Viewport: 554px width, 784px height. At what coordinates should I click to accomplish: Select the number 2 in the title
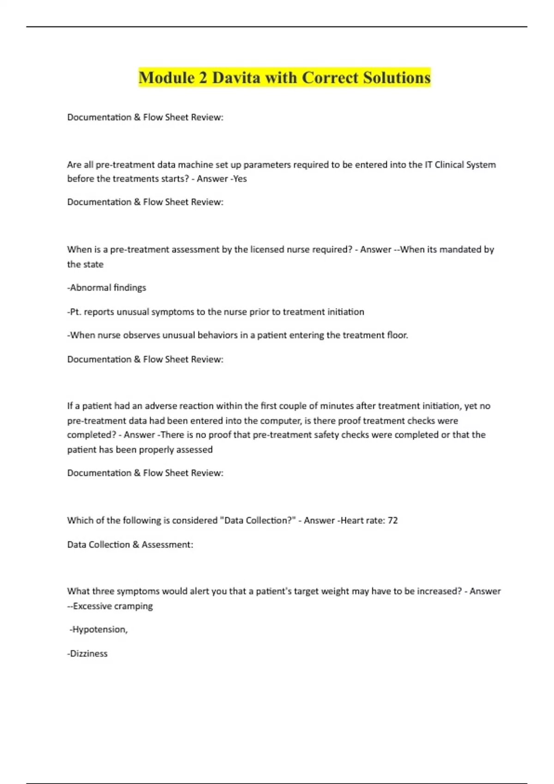[203, 77]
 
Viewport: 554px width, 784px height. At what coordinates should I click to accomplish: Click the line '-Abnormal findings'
[107, 288]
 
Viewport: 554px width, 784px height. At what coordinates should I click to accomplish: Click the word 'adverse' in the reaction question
[161, 406]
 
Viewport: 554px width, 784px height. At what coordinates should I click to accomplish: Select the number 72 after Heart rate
[392, 520]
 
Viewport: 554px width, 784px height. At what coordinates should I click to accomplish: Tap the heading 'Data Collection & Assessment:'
[130, 545]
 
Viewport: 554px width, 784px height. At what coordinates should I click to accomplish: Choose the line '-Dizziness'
[87, 653]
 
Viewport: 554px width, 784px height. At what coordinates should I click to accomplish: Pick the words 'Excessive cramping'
[113, 606]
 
